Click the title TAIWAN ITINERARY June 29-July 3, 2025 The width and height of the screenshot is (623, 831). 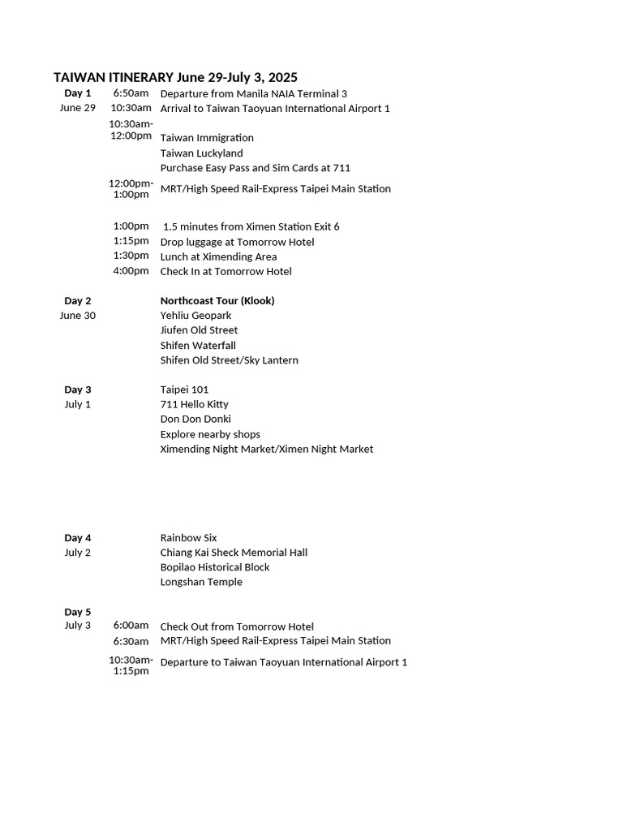pyautogui.click(x=175, y=77)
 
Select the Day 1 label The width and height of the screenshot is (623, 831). pyautogui.click(x=78, y=93)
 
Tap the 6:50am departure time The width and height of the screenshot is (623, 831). pyautogui.click(x=131, y=93)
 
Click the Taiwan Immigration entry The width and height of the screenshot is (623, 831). pyautogui.click(x=207, y=138)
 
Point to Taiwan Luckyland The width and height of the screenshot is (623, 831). pyautogui.click(x=201, y=153)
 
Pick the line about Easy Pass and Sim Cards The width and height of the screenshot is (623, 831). pyautogui.click(x=255, y=168)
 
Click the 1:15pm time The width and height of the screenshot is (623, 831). pyautogui.click(x=131, y=241)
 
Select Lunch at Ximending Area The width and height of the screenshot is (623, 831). pyautogui.click(x=218, y=256)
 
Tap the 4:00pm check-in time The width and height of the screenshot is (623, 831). pyautogui.click(x=131, y=271)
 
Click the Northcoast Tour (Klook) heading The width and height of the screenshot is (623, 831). pyautogui.click(x=217, y=301)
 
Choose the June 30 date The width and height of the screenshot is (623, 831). pyautogui.click(x=78, y=316)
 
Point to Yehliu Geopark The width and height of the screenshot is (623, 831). pyautogui.click(x=195, y=316)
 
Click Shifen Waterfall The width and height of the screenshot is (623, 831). pyautogui.click(x=198, y=346)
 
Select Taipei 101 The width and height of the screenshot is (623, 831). pyautogui.click(x=184, y=390)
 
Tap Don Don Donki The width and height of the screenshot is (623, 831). pyautogui.click(x=195, y=419)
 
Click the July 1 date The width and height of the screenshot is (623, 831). pyautogui.click(x=78, y=404)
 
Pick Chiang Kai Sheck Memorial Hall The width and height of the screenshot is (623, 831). pyautogui.click(x=234, y=553)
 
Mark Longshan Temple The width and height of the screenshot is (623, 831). pyautogui.click(x=201, y=582)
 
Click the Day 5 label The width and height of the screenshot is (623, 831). pyautogui.click(x=78, y=612)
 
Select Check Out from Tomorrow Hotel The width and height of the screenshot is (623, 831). pyautogui.click(x=237, y=626)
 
